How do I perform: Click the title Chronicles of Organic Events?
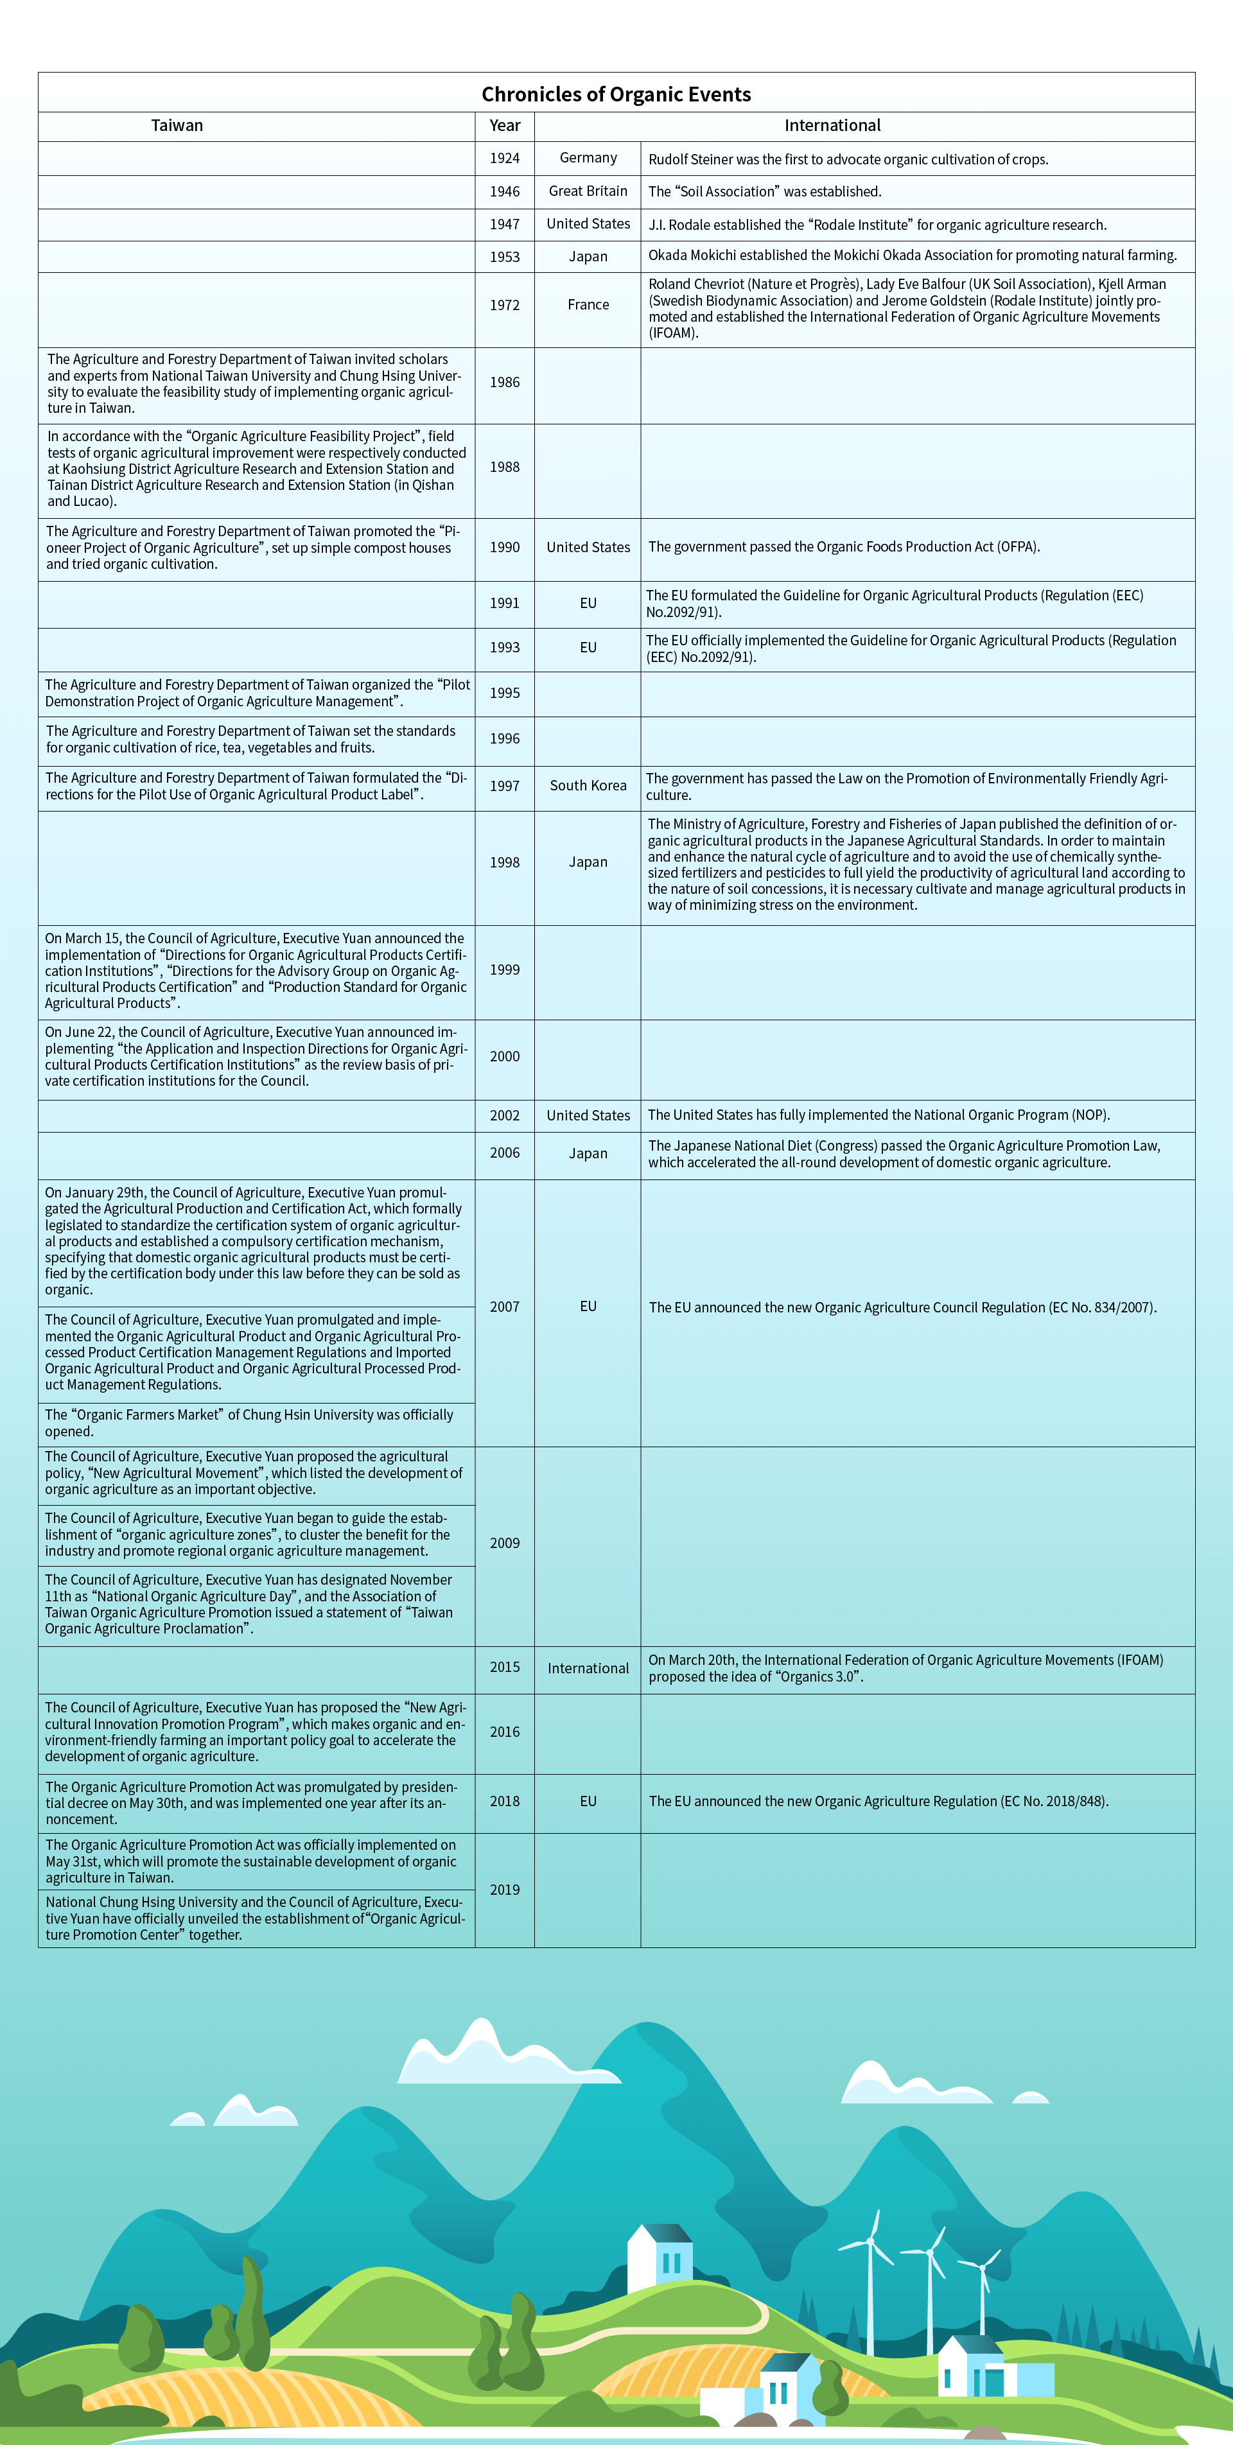(616, 94)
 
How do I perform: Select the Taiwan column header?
(177, 125)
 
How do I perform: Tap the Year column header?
(504, 125)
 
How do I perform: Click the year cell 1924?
(504, 159)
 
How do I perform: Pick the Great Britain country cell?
(588, 191)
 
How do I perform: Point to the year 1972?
(504, 305)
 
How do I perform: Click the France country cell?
(588, 305)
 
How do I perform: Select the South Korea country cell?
(588, 785)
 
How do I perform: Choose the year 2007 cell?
(504, 1307)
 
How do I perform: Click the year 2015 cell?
(504, 1667)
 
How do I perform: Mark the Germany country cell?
(588, 157)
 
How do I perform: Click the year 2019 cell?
(504, 1890)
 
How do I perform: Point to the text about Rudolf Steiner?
(848, 159)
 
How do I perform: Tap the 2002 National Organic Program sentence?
(878, 1115)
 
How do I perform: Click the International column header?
(832, 125)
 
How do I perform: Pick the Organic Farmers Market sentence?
(249, 1423)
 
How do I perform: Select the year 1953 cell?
(504, 256)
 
